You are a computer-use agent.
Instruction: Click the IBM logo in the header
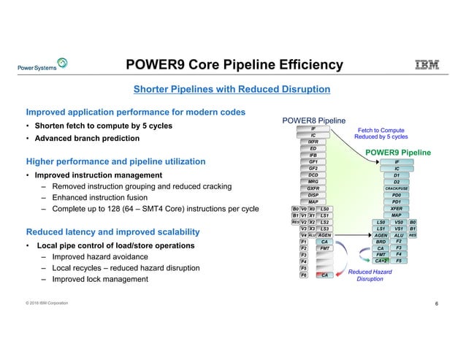427,66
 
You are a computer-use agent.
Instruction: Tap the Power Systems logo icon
62,64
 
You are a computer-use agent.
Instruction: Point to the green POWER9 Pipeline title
399,152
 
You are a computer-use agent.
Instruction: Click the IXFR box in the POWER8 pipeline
313,142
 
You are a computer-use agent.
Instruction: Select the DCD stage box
313,175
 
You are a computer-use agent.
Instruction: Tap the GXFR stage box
313,188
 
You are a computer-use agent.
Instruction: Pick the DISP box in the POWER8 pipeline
313,195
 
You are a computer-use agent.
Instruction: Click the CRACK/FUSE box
397,188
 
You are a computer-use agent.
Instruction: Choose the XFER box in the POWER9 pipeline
397,208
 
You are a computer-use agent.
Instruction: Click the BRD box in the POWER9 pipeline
381,242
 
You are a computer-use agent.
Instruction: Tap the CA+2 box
381,261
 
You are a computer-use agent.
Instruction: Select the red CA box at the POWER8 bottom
325,275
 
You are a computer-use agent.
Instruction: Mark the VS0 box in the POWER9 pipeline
399,222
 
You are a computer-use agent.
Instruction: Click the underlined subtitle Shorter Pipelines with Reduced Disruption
232,90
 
